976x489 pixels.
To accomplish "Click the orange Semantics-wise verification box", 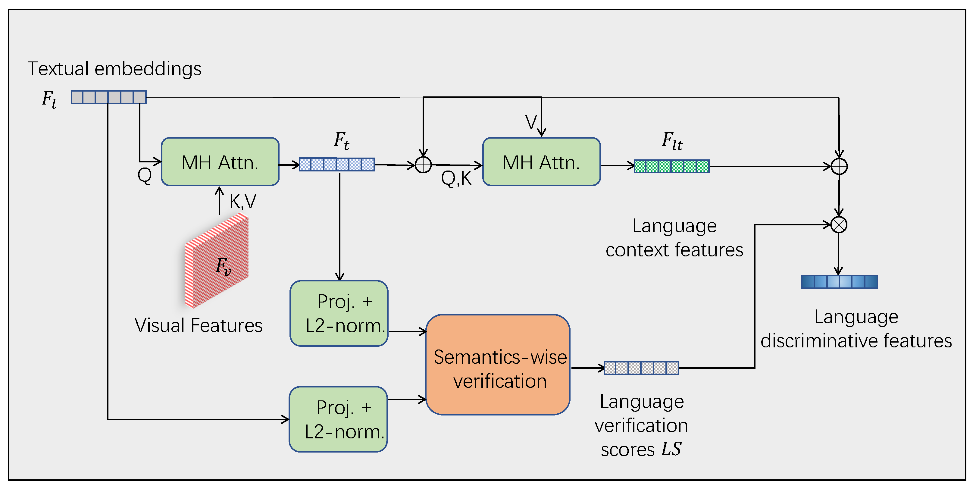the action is pyautogui.click(x=498, y=365).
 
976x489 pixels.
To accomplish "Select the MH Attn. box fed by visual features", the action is pyautogui.click(x=220, y=161).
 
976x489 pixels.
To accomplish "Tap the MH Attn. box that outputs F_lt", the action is pyautogui.click(x=541, y=161).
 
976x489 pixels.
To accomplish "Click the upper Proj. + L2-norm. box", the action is pyautogui.click(x=339, y=313).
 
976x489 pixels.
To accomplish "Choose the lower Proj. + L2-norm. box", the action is pyautogui.click(x=338, y=419).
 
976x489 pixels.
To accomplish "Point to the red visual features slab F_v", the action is pyautogui.click(x=217, y=261).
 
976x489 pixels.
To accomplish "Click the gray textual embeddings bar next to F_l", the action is pyautogui.click(x=109, y=97).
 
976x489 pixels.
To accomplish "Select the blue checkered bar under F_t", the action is pyautogui.click(x=337, y=165).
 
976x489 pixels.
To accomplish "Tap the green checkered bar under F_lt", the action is pyautogui.click(x=672, y=166).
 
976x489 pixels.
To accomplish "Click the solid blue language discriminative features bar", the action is pyautogui.click(x=839, y=282).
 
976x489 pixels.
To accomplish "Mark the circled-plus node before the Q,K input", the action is pyautogui.click(x=423, y=165).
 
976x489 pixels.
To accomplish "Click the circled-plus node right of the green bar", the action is pyautogui.click(x=839, y=166).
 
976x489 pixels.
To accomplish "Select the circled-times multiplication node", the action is pyautogui.click(x=839, y=225).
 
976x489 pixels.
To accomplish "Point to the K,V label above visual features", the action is pyautogui.click(x=243, y=202).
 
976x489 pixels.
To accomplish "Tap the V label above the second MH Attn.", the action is pyautogui.click(x=531, y=122).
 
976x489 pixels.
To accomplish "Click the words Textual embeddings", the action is pyautogui.click(x=114, y=69).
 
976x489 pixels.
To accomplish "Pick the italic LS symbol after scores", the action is pyautogui.click(x=671, y=449).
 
